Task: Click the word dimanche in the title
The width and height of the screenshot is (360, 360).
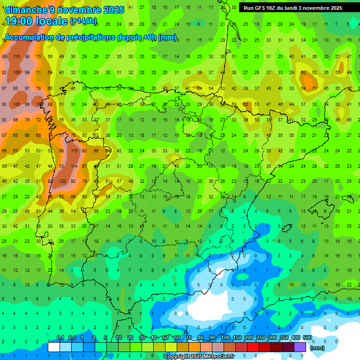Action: coord(26,10)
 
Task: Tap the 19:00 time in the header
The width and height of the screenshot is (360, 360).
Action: coord(20,21)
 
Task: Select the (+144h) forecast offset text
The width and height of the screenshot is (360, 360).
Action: coord(83,21)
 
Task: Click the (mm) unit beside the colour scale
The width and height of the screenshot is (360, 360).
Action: coord(317,348)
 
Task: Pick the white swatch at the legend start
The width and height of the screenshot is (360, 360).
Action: coord(54,347)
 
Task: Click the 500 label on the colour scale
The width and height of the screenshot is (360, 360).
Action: coord(307,337)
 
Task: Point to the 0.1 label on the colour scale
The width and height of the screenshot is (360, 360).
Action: coord(60,337)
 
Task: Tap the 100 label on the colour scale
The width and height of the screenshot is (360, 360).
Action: coord(225,337)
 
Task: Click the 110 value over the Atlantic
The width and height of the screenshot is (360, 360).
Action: coord(16,56)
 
